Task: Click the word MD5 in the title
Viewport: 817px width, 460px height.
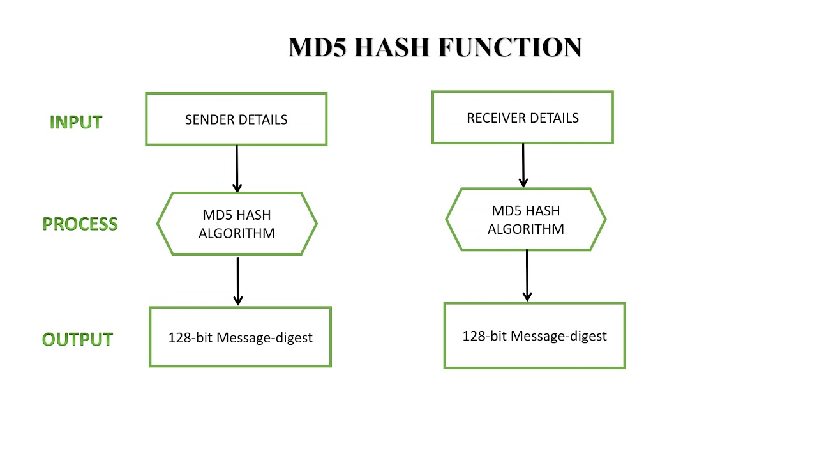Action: (x=317, y=48)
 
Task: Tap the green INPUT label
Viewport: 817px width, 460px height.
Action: (x=76, y=122)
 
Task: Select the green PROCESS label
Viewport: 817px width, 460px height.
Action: (x=80, y=224)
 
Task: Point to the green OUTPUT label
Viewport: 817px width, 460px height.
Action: (x=77, y=339)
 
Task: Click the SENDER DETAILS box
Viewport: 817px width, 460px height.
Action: (x=236, y=119)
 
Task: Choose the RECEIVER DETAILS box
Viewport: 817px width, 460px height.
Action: (x=522, y=118)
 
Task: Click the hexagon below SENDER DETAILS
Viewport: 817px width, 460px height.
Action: (x=237, y=224)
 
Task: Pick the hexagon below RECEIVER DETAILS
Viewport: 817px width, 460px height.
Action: (x=525, y=220)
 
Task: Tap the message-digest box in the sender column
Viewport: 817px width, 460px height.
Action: (x=240, y=337)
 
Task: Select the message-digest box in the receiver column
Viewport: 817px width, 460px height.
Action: (x=534, y=336)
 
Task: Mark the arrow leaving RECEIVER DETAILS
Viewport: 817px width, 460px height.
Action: (x=523, y=165)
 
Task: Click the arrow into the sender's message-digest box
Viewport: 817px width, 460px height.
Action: (x=238, y=281)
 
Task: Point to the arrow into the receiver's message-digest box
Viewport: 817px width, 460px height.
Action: (x=527, y=275)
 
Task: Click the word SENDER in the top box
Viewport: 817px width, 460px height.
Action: (x=209, y=120)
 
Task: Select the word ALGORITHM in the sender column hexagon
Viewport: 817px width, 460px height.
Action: (x=237, y=233)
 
